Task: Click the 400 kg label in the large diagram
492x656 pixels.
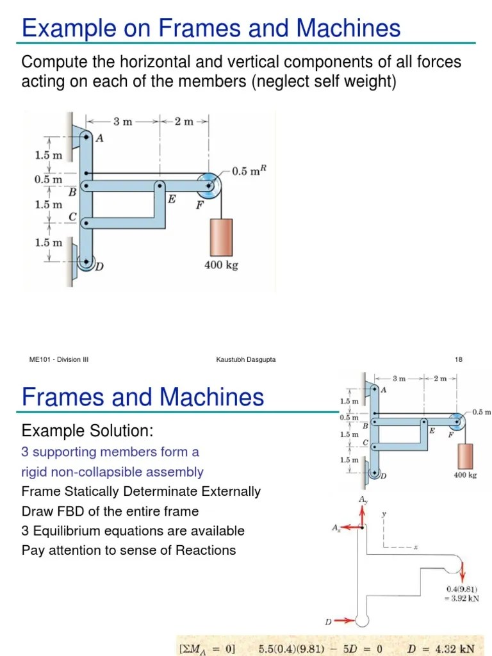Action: click(x=221, y=265)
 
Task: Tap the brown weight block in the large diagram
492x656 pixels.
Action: click(x=221, y=237)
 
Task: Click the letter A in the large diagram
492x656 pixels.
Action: click(x=99, y=138)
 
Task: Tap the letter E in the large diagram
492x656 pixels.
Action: click(x=171, y=199)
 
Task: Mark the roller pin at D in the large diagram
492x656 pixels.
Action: click(x=85, y=262)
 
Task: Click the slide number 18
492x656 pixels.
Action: click(x=459, y=360)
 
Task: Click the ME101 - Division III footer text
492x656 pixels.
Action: click(x=59, y=360)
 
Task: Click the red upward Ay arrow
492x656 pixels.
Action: click(x=363, y=514)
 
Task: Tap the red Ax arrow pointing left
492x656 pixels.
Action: click(x=350, y=527)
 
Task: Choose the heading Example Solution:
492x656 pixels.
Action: click(x=87, y=430)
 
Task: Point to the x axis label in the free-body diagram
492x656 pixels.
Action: click(x=415, y=548)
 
